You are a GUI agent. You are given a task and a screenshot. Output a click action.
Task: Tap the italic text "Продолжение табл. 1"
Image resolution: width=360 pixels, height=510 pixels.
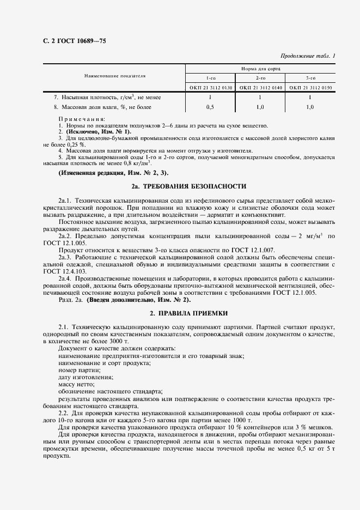[308, 56]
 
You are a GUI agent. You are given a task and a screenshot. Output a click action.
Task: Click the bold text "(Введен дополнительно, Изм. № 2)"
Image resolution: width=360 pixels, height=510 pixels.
[139, 299]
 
